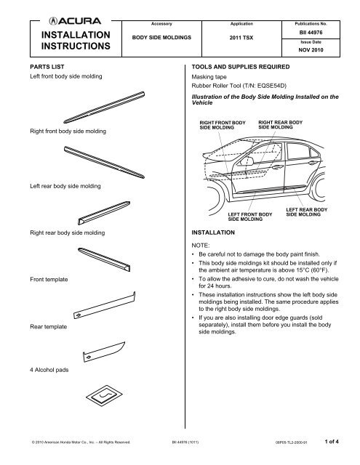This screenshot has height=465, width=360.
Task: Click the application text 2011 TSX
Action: pyautogui.click(x=230, y=33)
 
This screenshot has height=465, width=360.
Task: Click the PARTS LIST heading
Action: pyautogui.click(x=44, y=65)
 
